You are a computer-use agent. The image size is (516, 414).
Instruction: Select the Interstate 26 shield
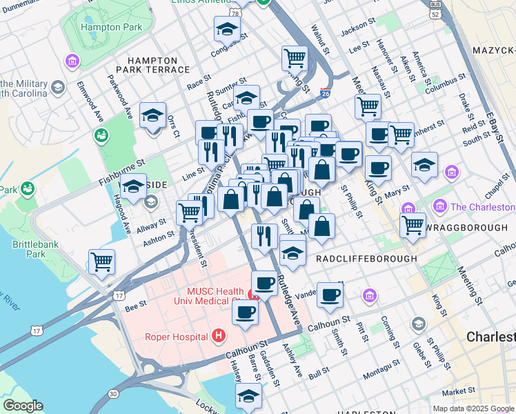tap(325, 90)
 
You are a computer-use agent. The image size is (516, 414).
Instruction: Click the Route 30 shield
tap(112, 394)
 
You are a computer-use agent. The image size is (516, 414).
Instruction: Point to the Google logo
tap(22, 405)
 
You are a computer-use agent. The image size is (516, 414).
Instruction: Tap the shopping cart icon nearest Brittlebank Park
tap(101, 262)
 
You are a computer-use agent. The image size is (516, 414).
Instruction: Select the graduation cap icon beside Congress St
tap(226, 29)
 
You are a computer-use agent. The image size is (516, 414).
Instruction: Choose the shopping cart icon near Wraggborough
tap(413, 224)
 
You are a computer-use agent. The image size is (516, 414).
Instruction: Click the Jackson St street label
tap(357, 30)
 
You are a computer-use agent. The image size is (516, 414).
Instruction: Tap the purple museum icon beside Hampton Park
tap(72, 63)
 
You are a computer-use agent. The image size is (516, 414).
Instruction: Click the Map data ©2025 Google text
tap(473, 408)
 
